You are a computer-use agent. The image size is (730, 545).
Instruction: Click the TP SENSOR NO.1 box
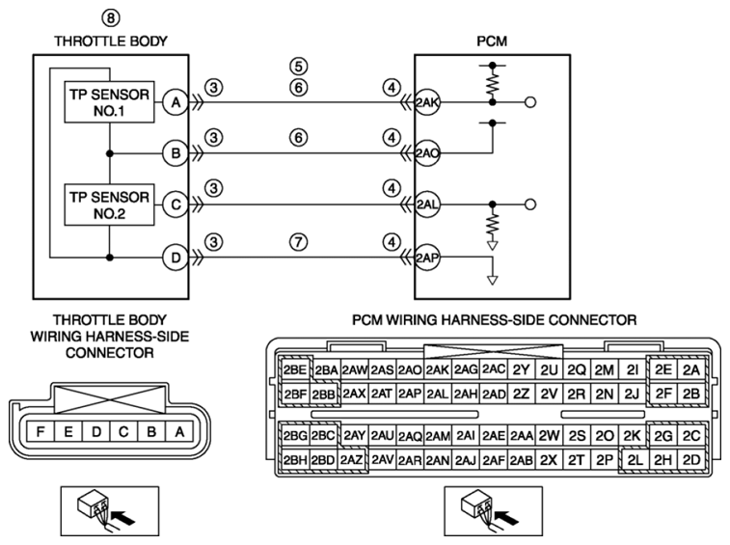pos(109,102)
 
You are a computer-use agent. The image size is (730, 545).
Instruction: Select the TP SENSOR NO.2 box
pos(109,204)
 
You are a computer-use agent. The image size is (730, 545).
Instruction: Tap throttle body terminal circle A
pos(176,102)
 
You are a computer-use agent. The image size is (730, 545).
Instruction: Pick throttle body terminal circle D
pos(176,258)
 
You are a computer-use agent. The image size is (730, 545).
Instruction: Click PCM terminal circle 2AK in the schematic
pos(427,102)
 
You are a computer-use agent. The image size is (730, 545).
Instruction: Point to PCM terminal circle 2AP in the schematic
pos(427,258)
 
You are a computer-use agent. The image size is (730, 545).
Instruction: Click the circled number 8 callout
pos(111,18)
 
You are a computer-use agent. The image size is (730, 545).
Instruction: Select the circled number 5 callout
pos(298,67)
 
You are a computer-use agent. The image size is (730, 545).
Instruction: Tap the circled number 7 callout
pos(298,242)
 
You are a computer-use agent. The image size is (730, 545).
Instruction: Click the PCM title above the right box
pos(492,41)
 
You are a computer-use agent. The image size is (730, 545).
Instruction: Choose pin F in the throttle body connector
pos(41,432)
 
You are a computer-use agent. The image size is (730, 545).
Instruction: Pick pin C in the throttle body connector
pos(123,432)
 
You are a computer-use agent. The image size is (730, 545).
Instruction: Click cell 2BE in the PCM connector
pos(295,369)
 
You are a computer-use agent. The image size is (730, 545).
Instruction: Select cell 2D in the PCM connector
pos(691,460)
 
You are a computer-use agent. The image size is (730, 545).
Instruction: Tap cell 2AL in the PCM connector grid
pos(437,395)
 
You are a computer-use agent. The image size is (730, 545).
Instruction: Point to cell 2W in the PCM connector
pos(549,436)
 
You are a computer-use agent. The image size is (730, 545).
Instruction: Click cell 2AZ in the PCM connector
pos(351,460)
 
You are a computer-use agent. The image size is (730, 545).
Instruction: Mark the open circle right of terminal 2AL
pos(530,204)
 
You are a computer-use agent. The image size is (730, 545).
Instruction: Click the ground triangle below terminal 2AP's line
pos(492,280)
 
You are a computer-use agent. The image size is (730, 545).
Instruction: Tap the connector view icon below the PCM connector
pos(493,511)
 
